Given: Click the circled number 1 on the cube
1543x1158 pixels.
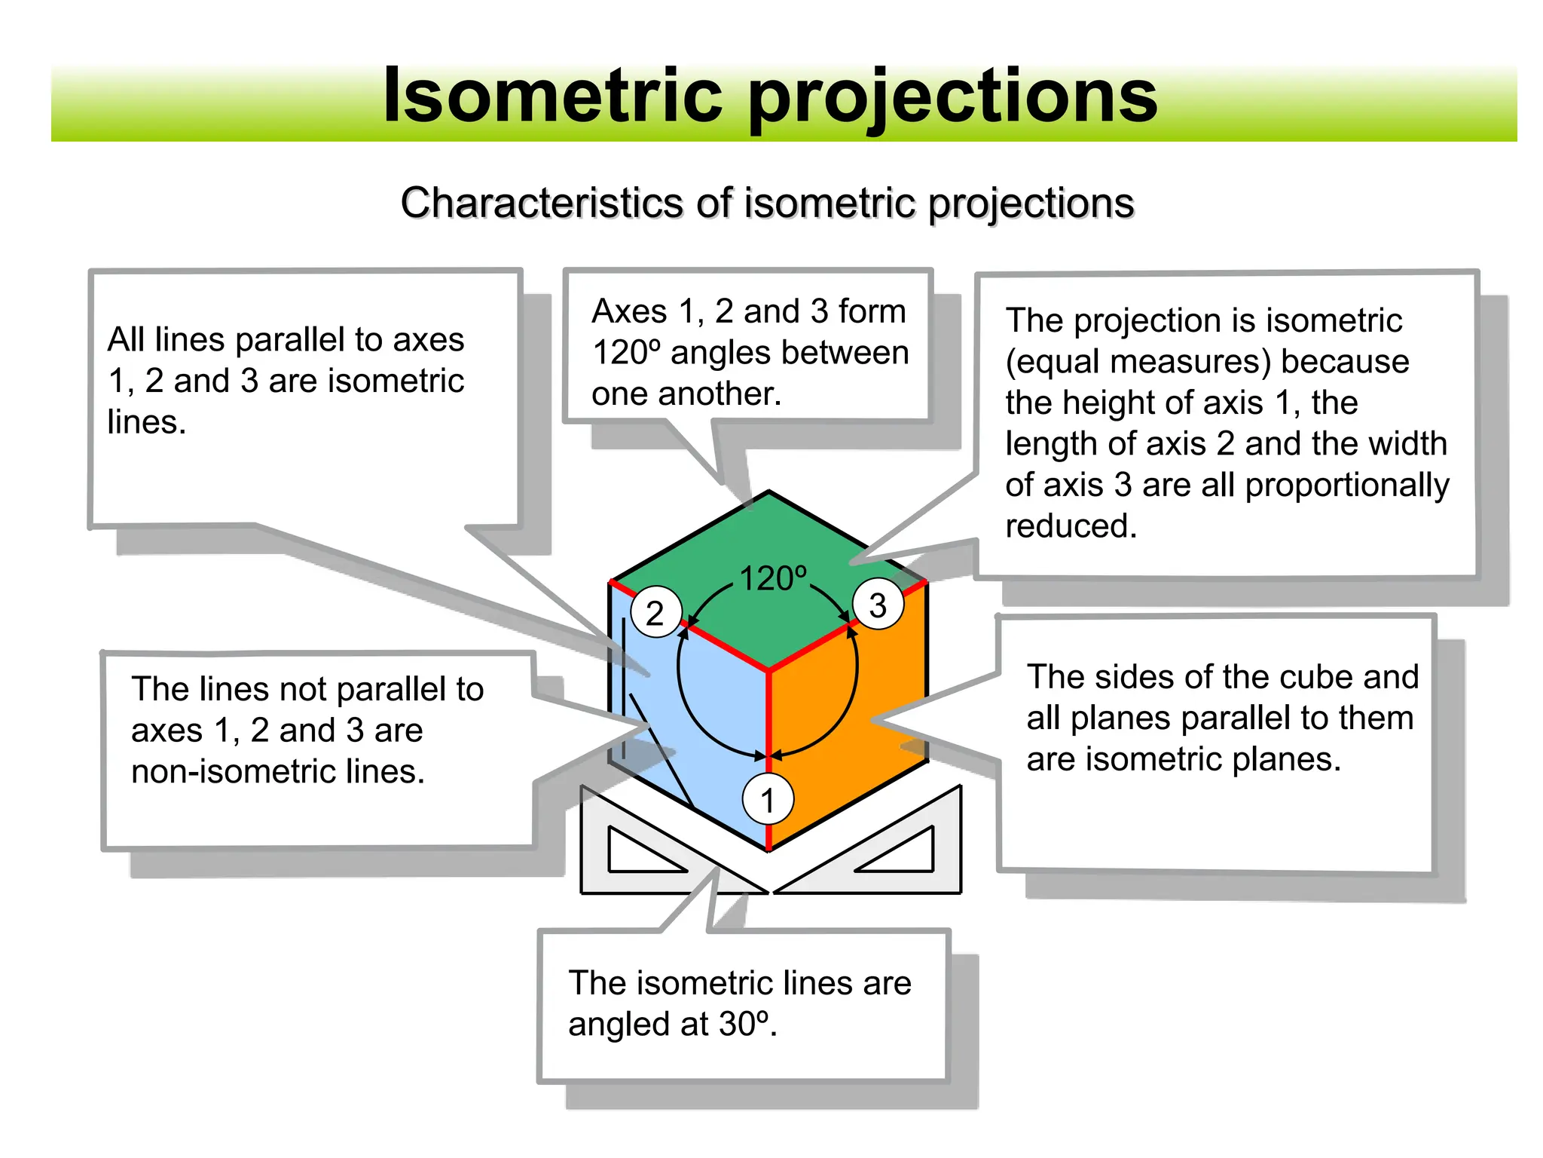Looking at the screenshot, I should click(x=768, y=799).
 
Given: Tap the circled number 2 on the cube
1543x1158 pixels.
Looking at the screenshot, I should click(x=655, y=612).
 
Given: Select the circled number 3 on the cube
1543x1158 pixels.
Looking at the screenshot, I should click(x=878, y=605).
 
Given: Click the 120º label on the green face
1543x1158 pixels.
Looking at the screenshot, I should click(x=773, y=579).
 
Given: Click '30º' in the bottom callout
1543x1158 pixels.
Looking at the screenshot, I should click(x=744, y=1024).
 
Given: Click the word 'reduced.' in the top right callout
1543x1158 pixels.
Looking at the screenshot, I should click(x=1071, y=526).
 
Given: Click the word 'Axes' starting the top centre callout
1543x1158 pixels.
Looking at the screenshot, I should click(x=629, y=311).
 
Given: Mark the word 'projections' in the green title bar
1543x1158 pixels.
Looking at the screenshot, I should click(x=952, y=96).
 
